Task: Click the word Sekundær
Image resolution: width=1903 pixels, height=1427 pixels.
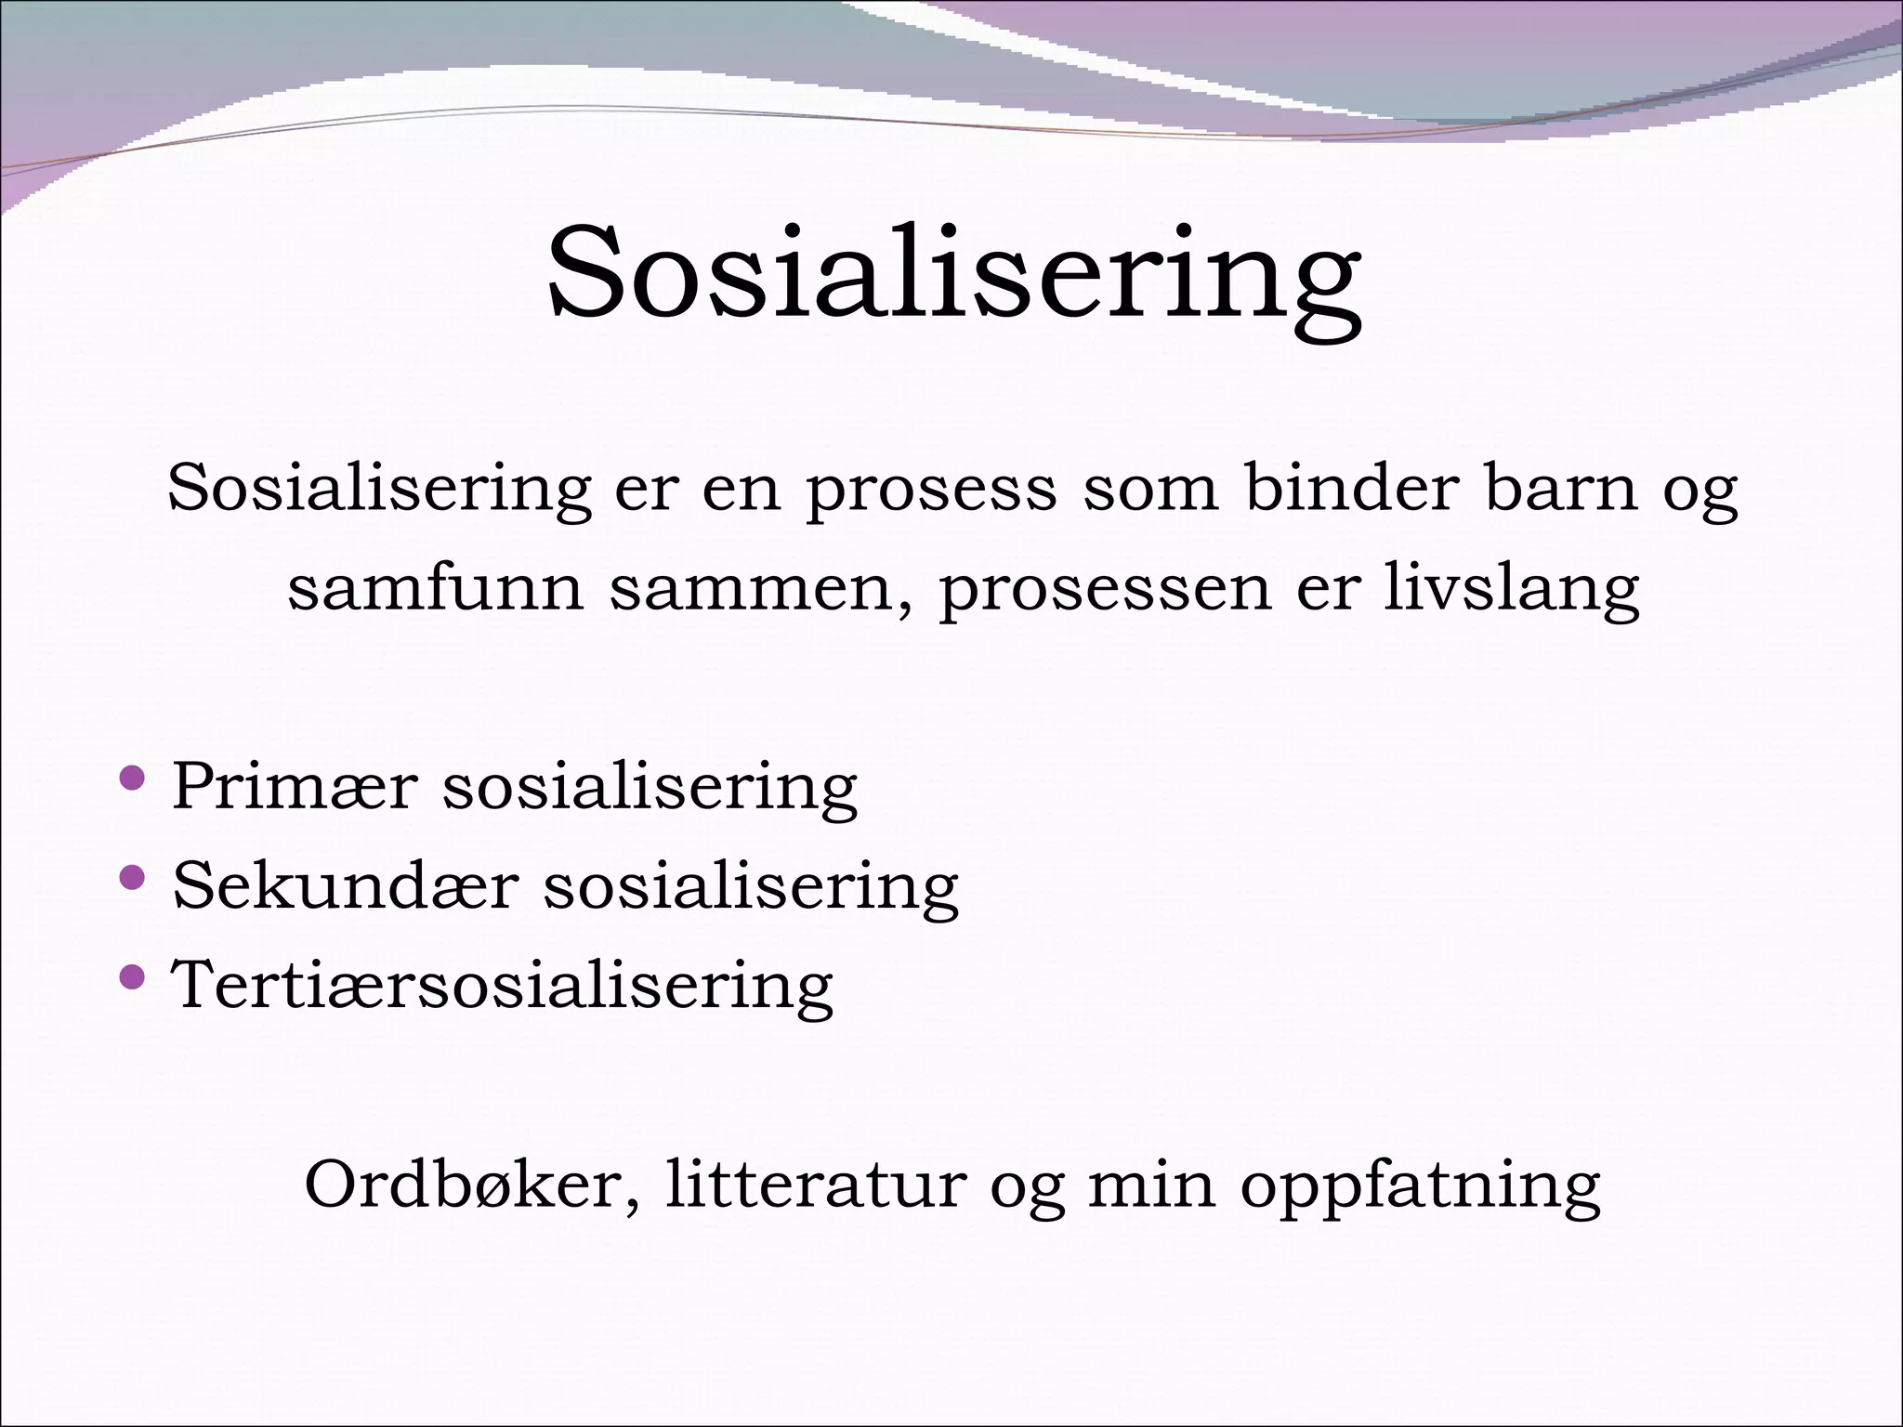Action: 344,885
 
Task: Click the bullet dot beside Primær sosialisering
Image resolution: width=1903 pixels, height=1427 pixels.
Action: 133,777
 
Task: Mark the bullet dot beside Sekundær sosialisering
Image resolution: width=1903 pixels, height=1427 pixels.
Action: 133,876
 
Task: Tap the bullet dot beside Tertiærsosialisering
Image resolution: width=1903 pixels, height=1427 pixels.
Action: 133,975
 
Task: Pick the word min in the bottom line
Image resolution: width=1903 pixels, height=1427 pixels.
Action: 1151,1185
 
